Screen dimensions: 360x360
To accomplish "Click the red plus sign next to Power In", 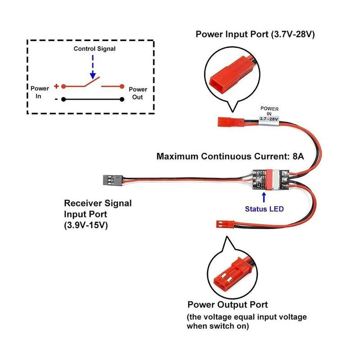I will click(56, 86).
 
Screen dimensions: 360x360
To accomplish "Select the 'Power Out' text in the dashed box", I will click(138, 93).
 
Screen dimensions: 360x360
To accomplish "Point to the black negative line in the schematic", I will click(92, 99).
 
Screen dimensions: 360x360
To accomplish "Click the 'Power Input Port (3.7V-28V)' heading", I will click(254, 34).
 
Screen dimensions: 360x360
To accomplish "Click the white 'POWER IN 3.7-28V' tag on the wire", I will click(270, 114).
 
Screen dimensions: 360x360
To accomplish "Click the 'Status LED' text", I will click(264, 209).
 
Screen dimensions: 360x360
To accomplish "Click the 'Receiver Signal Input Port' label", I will click(98, 208).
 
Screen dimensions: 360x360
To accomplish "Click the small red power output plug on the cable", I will click(222, 223).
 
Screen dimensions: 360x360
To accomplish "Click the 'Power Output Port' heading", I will click(228, 305).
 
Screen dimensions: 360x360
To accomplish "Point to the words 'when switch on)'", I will click(218, 326).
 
